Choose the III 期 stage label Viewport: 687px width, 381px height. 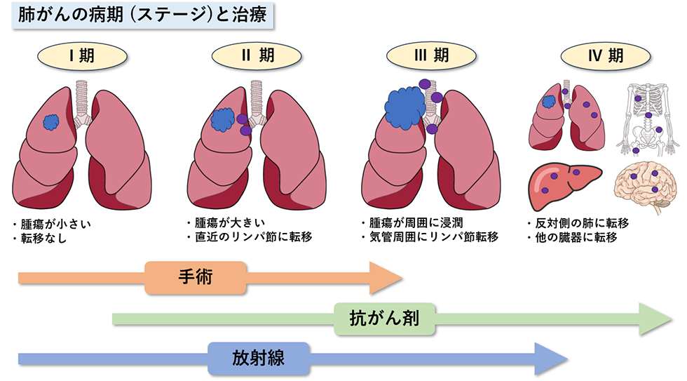pyautogui.click(x=430, y=56)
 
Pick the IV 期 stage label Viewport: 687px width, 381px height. pyautogui.click(x=605, y=56)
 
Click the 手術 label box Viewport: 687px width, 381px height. pyautogui.click(x=196, y=278)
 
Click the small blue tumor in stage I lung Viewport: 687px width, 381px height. pyautogui.click(x=50, y=122)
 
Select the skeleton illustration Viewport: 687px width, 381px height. pyautogui.click(x=647, y=116)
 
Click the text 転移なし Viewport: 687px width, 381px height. pyautogui.click(x=48, y=237)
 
